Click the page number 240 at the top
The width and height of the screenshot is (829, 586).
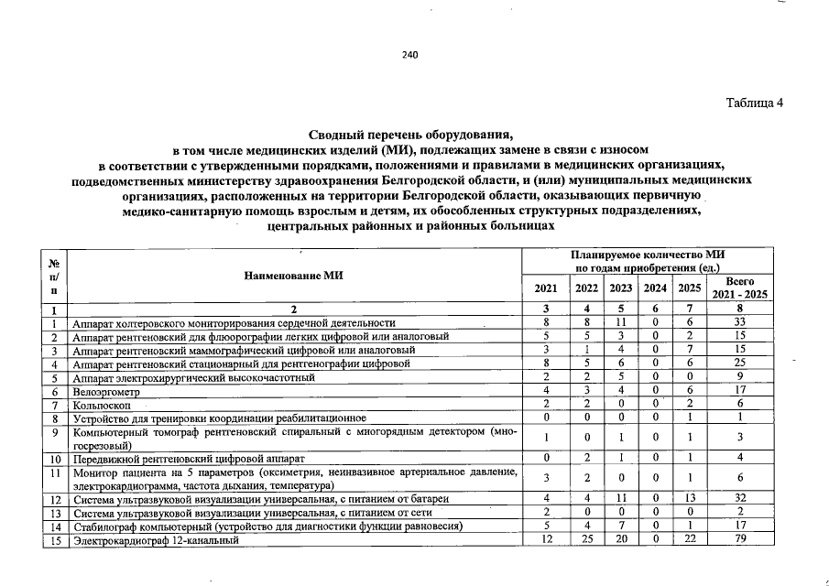tap(409, 55)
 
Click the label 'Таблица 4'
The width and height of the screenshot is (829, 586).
tap(755, 102)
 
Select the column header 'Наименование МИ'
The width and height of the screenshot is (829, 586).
tap(294, 276)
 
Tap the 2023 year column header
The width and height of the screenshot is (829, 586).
tap(621, 288)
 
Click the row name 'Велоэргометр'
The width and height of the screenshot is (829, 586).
tap(105, 389)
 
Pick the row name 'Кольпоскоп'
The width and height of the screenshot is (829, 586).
tap(103, 404)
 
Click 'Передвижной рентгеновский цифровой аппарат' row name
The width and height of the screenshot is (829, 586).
tap(188, 457)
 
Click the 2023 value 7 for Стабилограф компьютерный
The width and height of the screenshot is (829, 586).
tap(621, 526)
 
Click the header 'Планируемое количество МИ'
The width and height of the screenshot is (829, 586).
tap(648, 254)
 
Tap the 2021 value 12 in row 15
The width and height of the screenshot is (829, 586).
tap(545, 540)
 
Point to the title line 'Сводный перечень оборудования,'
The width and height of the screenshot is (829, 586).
tap(409, 135)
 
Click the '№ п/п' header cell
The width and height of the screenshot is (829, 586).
tap(55, 275)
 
